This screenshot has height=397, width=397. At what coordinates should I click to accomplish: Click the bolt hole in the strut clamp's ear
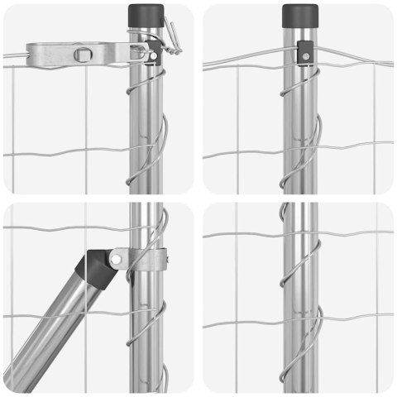[x=118, y=259]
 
